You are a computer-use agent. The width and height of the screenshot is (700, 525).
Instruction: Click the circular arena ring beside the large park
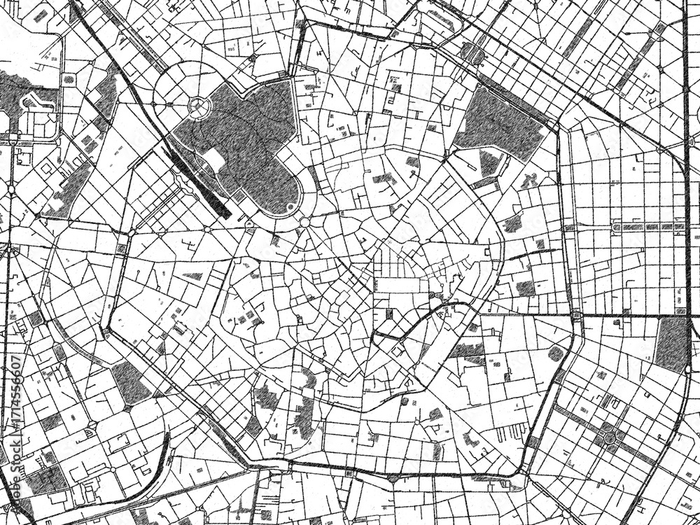pyautogui.click(x=200, y=106)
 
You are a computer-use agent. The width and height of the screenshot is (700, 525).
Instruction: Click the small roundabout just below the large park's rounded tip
pyautogui.click(x=304, y=223)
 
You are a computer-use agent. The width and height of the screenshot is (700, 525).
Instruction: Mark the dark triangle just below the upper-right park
pyautogui.click(x=489, y=163)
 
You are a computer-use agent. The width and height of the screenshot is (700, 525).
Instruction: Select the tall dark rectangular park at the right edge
pyautogui.click(x=673, y=344)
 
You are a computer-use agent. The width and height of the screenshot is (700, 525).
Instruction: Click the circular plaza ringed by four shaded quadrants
pyautogui.click(x=610, y=437)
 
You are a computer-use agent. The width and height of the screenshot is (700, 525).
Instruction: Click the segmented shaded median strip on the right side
pyautogui.click(x=647, y=227)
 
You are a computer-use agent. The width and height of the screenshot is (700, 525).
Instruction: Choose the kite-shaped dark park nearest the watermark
pyautogui.click(x=130, y=381)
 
